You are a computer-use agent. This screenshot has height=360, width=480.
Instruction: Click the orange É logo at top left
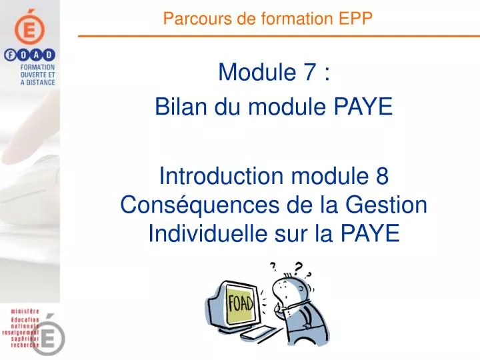click(30, 27)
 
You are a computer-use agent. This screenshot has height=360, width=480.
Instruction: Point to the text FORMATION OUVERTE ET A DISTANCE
click(37, 75)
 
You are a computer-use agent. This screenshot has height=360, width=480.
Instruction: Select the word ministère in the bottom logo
click(25, 311)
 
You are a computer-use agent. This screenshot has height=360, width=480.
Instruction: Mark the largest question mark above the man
click(298, 269)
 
